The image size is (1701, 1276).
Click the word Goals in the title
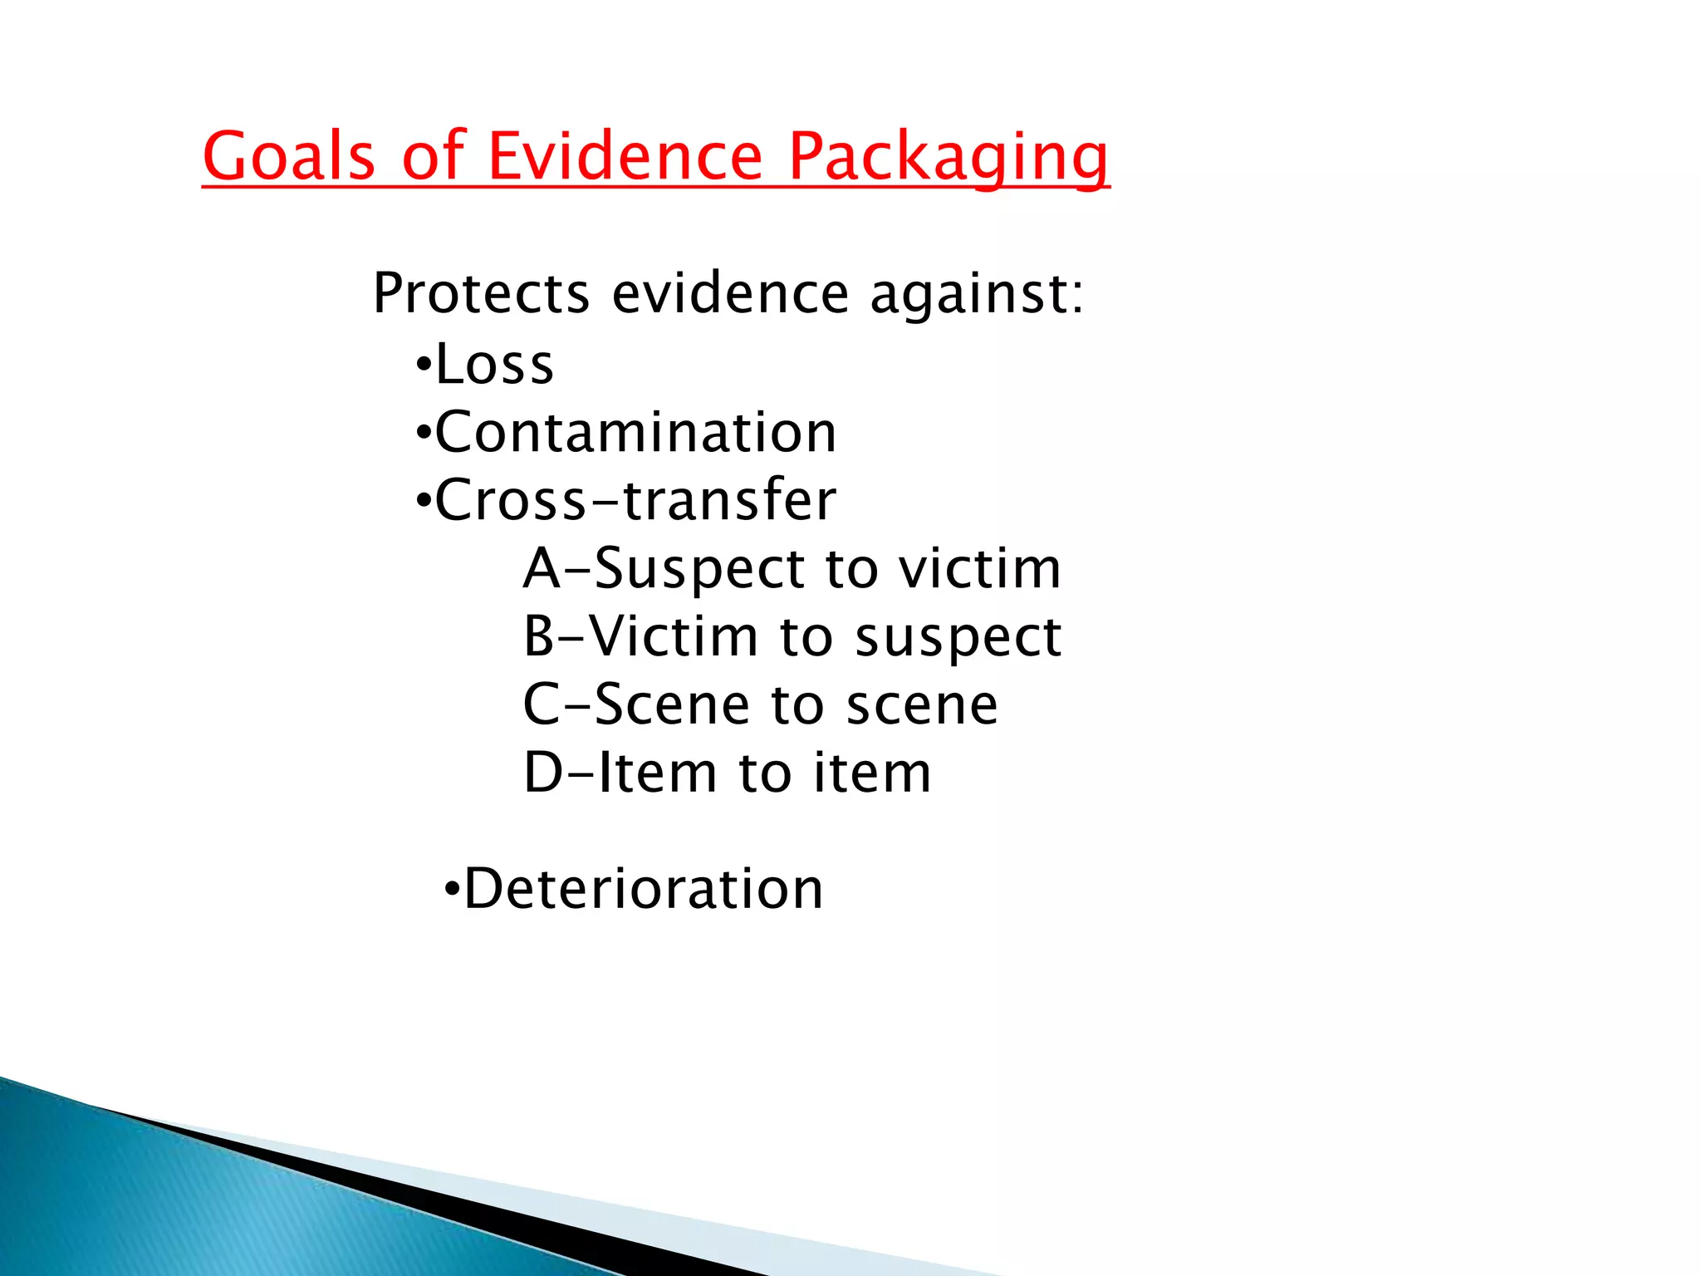click(x=289, y=155)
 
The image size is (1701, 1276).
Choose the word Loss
click(x=494, y=365)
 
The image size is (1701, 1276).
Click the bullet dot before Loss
click(x=424, y=365)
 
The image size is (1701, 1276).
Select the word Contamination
click(x=635, y=433)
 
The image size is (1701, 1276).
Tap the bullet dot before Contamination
click(x=424, y=433)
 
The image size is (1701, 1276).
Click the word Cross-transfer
click(x=635, y=500)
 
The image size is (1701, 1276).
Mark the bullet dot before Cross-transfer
click(x=424, y=501)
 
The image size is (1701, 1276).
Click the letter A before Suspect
click(x=542, y=569)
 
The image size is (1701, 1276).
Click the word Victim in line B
click(x=674, y=637)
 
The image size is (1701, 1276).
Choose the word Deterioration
click(x=644, y=889)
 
